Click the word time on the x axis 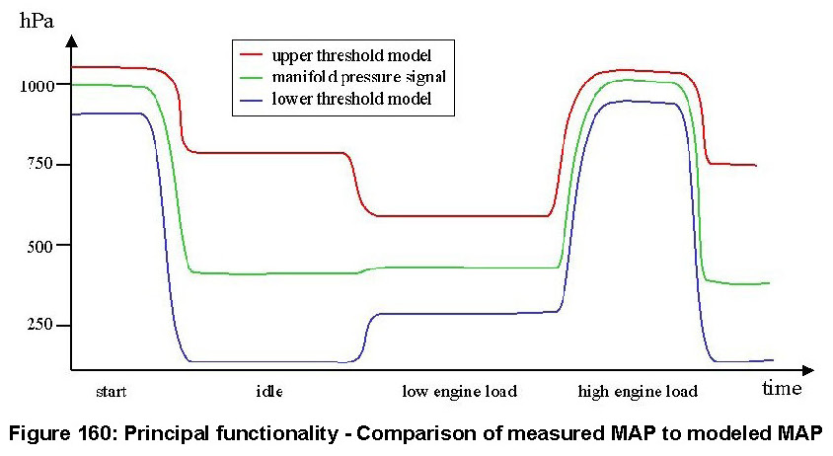click(781, 388)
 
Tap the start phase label click(112, 392)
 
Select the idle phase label click(269, 392)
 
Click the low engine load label click(460, 392)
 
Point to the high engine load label click(638, 392)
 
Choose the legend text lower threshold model click(350, 100)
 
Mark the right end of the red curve click(755, 166)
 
